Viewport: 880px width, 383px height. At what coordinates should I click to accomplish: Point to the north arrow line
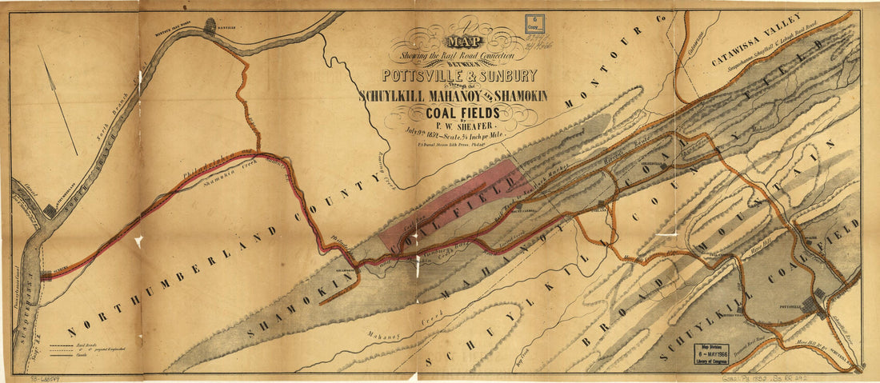tap(58, 100)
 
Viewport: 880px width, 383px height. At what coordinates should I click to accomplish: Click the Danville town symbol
tap(211, 26)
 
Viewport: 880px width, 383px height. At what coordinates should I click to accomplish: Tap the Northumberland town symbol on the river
tap(50, 210)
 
